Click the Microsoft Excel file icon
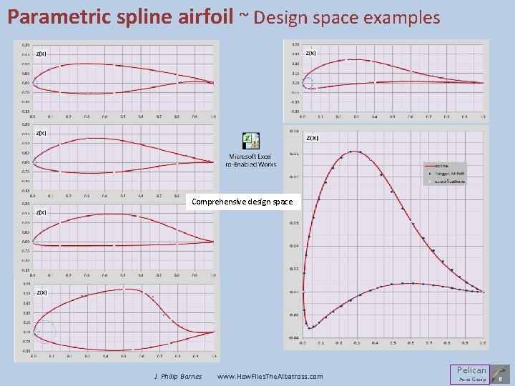point(251,142)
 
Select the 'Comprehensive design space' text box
point(242,202)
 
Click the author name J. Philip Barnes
point(178,376)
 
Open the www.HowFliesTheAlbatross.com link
point(270,376)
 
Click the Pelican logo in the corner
point(471,373)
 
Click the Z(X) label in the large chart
point(313,138)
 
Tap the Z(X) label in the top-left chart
point(41,54)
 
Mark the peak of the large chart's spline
point(353,151)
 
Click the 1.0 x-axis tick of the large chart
point(483,344)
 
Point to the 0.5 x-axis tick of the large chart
point(393,344)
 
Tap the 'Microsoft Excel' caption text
point(250,156)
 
